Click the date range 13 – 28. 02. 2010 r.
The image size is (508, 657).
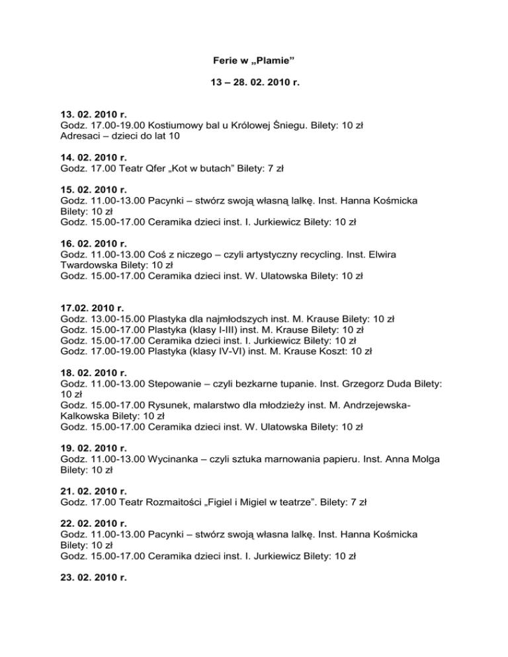[253, 84]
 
